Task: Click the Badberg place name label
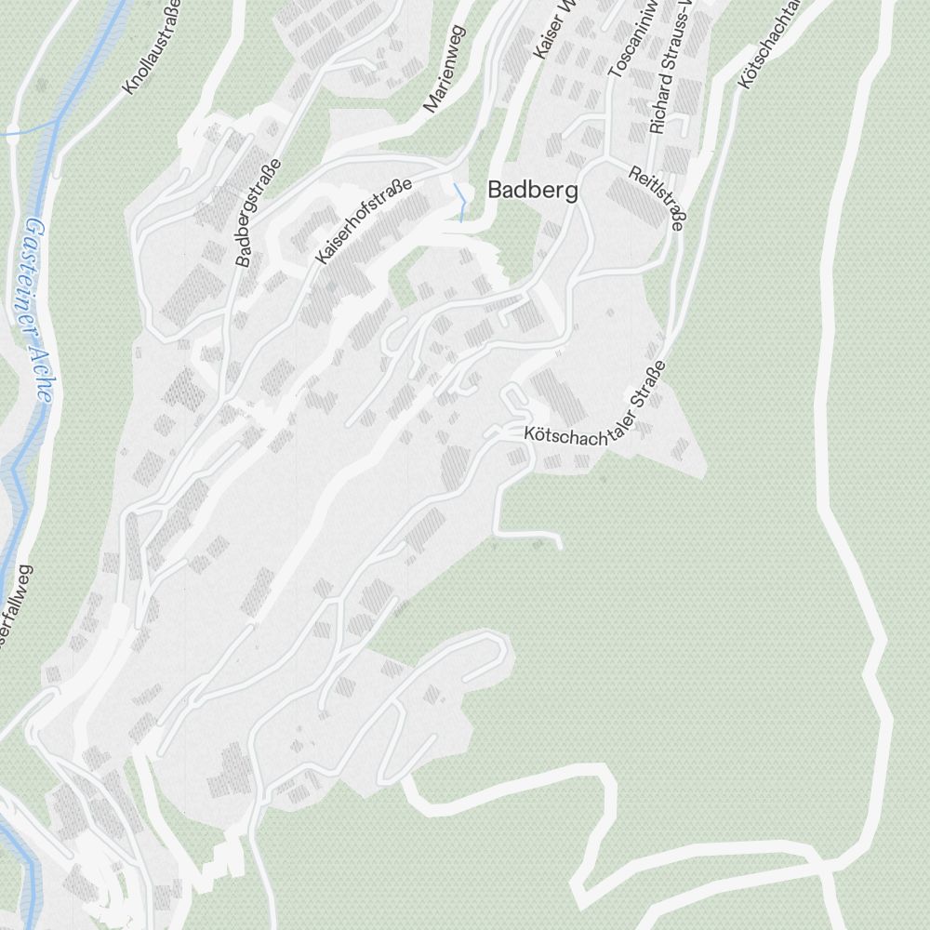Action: (x=533, y=192)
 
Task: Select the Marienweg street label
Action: (x=444, y=70)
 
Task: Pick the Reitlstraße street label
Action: (x=657, y=196)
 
